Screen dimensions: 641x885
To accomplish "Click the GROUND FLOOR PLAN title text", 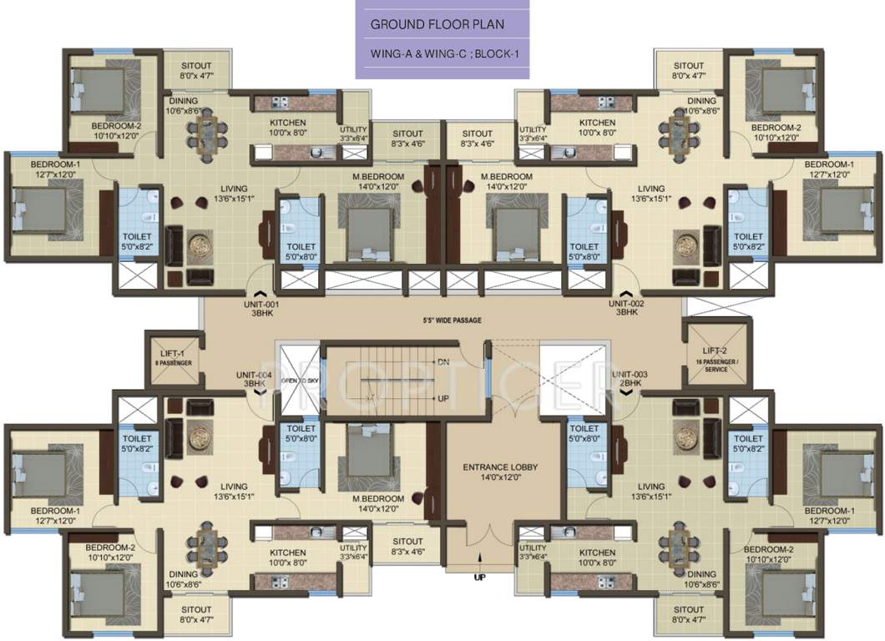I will [x=437, y=25].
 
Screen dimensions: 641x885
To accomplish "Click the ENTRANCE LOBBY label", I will [x=492, y=472].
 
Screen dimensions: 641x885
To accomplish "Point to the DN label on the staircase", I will [x=443, y=362].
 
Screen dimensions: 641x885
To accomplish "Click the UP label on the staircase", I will [x=443, y=398].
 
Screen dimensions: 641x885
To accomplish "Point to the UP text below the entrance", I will [x=479, y=577].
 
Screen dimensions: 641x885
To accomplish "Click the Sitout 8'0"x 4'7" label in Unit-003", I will [x=689, y=614].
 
